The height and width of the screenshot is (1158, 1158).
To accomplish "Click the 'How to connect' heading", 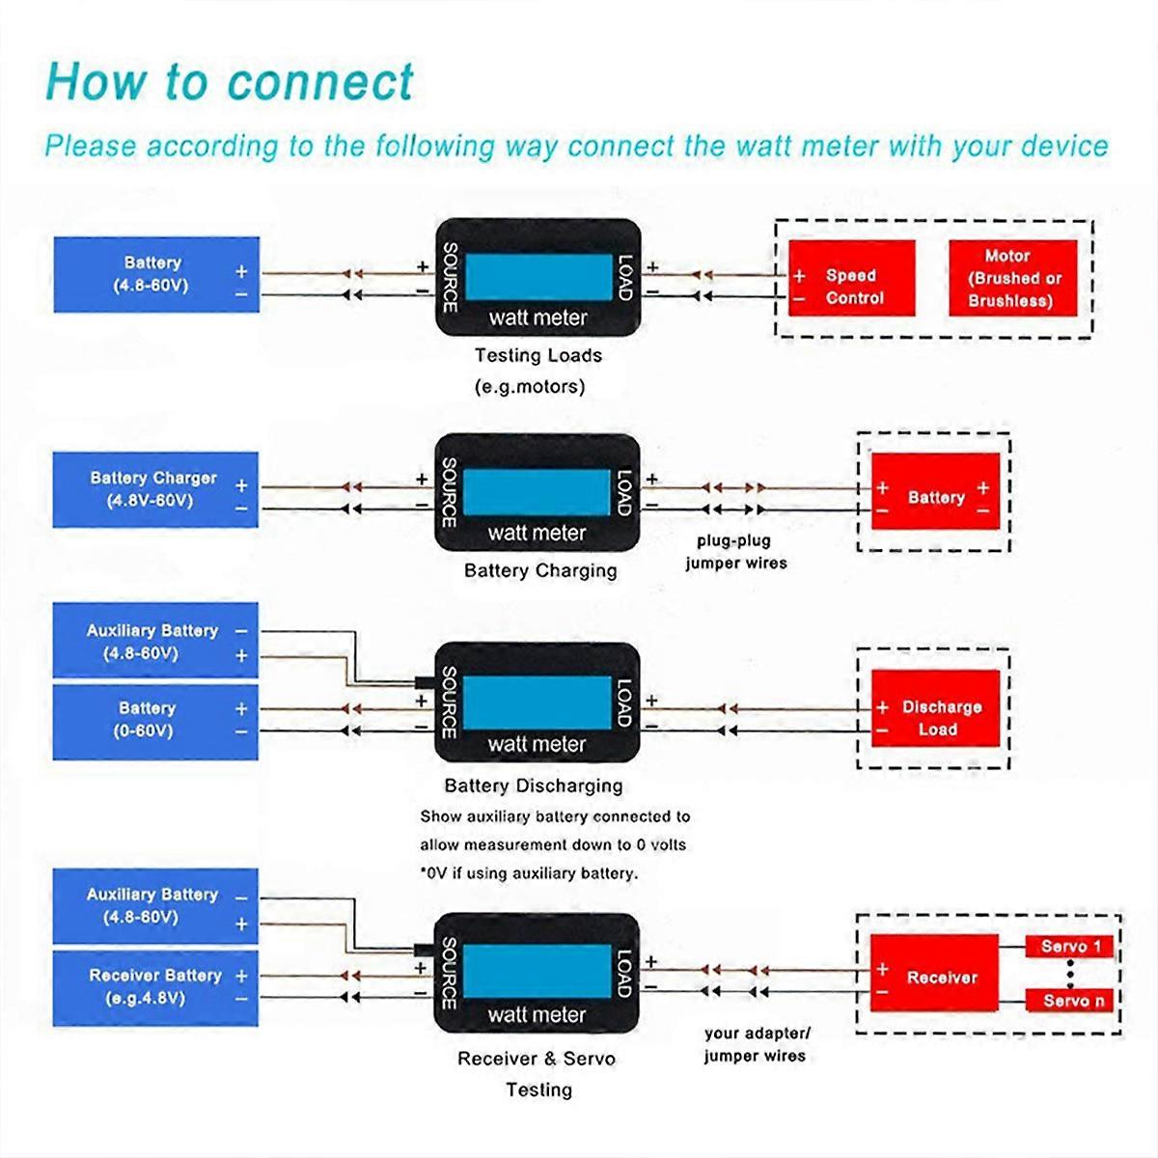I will click(230, 81).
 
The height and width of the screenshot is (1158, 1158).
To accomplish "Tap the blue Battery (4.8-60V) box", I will click(155, 274).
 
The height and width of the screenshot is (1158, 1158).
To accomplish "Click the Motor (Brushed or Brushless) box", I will click(1012, 278).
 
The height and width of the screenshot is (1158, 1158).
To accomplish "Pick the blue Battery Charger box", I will click(155, 489).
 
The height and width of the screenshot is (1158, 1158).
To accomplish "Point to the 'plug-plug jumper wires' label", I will click(735, 552).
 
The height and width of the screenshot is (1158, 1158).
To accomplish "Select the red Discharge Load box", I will click(935, 718).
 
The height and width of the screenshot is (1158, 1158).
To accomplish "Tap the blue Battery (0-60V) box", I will click(155, 720).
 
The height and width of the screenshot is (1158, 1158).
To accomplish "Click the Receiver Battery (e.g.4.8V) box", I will click(155, 986).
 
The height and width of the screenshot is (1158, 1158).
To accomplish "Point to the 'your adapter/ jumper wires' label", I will click(756, 1044).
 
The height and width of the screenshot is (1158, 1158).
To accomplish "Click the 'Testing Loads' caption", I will click(538, 355).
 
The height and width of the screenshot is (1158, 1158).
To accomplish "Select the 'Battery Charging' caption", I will click(539, 570).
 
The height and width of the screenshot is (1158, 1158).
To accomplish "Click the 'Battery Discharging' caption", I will click(533, 786).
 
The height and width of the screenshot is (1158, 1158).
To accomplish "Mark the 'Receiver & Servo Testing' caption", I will click(537, 1073).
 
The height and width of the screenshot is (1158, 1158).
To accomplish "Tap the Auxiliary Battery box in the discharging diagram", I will click(155, 641).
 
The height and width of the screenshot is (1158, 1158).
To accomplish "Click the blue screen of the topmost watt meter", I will click(538, 277).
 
